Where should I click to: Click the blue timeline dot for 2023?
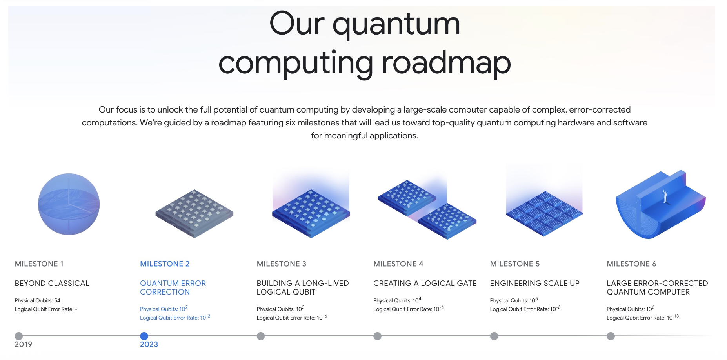pyautogui.click(x=144, y=336)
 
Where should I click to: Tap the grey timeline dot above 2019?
pyautogui.click(x=19, y=336)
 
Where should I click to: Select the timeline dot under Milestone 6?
pyautogui.click(x=611, y=336)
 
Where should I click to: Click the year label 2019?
pyautogui.click(x=24, y=344)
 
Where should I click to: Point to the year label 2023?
pyautogui.click(x=149, y=344)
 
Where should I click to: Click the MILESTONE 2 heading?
pyautogui.click(x=165, y=264)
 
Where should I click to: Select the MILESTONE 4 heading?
pyautogui.click(x=398, y=264)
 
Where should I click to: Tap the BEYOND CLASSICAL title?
pyautogui.click(x=52, y=283)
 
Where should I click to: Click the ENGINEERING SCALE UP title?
pyautogui.click(x=534, y=283)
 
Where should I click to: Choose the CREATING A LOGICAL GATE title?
pyautogui.click(x=425, y=283)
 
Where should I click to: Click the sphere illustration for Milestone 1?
pyautogui.click(x=69, y=204)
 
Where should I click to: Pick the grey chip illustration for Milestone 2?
pyautogui.click(x=194, y=214)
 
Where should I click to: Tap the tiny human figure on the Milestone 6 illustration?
pyautogui.click(x=665, y=196)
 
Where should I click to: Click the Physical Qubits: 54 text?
pyautogui.click(x=37, y=300)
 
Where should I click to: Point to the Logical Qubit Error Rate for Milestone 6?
pyautogui.click(x=643, y=317)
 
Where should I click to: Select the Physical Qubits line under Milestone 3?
pyautogui.click(x=280, y=309)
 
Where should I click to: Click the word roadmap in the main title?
pyautogui.click(x=446, y=63)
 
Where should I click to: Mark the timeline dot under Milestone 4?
pyautogui.click(x=377, y=336)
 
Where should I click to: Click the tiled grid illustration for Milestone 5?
pyautogui.click(x=544, y=214)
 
